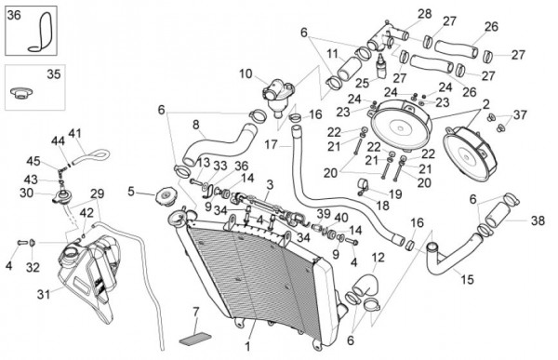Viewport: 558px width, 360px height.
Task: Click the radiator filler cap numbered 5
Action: click(166, 196)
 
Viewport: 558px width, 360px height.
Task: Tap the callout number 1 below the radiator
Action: click(247, 346)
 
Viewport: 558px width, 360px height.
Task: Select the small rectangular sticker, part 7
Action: click(195, 337)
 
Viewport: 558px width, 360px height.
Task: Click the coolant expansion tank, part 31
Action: click(89, 274)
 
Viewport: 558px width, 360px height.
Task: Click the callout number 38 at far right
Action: click(538, 220)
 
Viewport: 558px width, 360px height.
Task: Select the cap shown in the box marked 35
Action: click(21, 93)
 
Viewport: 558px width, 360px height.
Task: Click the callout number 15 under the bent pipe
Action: click(468, 279)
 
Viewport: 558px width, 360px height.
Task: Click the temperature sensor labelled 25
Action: click(380, 67)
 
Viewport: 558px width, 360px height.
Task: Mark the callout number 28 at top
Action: click(425, 14)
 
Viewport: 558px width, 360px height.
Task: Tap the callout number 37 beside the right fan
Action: click(520, 114)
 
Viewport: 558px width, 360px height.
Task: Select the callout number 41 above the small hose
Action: click(74, 134)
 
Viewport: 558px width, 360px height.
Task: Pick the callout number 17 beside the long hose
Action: click(271, 145)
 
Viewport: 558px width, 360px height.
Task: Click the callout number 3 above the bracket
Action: click(270, 185)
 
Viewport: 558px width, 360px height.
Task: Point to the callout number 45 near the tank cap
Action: click(33, 161)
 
